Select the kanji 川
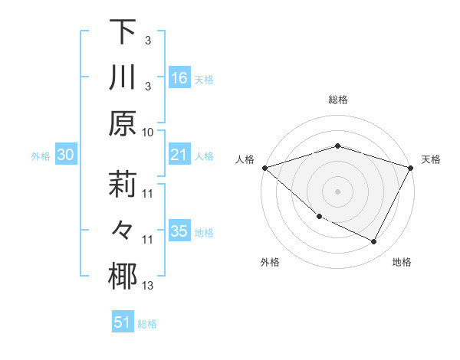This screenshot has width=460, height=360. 123,78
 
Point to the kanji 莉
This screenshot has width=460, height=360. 123,186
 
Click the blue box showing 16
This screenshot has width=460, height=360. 179,77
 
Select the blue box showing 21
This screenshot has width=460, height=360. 179,155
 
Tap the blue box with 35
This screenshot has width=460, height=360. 179,232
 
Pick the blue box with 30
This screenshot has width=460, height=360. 66,155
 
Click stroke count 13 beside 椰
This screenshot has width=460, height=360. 148,286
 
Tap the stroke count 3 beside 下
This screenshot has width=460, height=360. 147,39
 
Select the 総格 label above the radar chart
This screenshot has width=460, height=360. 337,100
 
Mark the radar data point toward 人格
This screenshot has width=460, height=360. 264,168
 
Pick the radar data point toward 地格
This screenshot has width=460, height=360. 374,242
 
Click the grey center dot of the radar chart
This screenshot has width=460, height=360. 337,191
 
